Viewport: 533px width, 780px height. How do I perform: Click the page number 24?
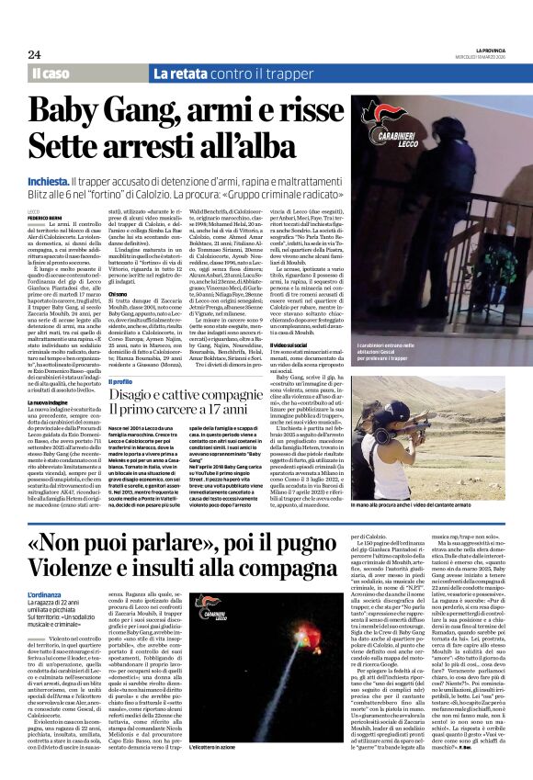[34, 54]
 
